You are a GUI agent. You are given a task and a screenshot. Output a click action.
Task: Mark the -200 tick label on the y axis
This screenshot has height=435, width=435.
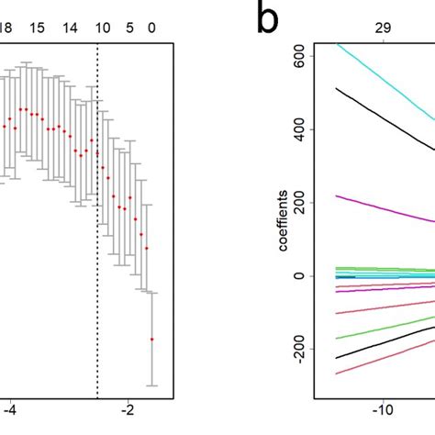294,349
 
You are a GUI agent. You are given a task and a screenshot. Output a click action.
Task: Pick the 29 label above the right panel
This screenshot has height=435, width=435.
383,28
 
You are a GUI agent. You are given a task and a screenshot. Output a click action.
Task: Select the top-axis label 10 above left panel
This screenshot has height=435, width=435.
103,28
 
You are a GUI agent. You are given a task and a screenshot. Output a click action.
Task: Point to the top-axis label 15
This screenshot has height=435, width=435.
37,28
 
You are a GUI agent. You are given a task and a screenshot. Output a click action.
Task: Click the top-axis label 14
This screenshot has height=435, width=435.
71,28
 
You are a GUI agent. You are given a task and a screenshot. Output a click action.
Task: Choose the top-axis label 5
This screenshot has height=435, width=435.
129,28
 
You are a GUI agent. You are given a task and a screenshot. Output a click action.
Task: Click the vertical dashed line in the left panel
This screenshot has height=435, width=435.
97,229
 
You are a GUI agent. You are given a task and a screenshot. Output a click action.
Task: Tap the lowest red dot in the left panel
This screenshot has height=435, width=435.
152,339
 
